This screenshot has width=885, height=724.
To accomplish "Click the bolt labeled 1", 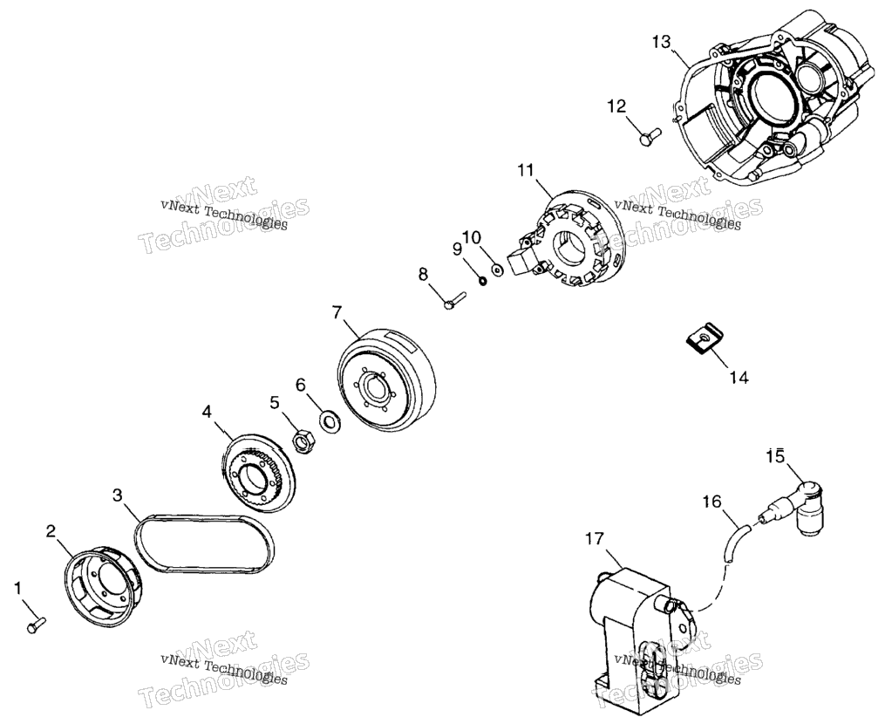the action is tap(36, 625).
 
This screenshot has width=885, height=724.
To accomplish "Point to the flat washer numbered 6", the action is tap(329, 420).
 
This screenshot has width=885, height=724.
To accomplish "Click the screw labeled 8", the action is tap(453, 300).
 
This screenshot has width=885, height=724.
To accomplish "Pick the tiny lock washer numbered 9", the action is tap(482, 280).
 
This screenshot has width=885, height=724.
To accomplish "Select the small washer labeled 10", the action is tap(498, 269).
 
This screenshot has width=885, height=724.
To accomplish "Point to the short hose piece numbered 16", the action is tap(735, 541).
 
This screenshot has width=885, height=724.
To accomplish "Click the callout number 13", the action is tap(662, 43).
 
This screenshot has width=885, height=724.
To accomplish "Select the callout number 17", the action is tap(595, 540).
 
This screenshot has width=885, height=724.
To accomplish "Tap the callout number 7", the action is tap(337, 311).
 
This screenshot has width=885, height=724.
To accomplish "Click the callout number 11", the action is tap(526, 170).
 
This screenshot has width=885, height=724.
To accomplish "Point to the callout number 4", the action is tap(208, 412).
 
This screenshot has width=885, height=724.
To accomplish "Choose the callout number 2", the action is tap(51, 531).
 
